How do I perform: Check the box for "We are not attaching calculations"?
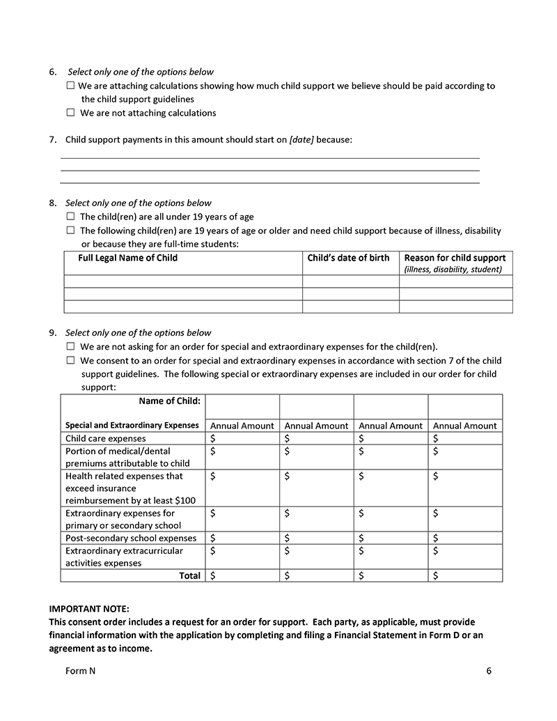tap(70, 112)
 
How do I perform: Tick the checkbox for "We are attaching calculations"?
tap(70, 86)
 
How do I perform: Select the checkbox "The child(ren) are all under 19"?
tap(70, 217)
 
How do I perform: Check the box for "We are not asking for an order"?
tap(70, 346)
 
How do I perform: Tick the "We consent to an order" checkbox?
tap(70, 360)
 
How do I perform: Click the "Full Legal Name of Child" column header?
tap(127, 258)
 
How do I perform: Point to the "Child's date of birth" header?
tap(348, 258)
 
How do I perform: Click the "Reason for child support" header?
tap(455, 258)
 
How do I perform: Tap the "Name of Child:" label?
tap(169, 401)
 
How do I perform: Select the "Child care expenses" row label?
tap(106, 439)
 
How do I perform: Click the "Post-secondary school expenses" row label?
tap(131, 538)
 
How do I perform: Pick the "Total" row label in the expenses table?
tap(189, 575)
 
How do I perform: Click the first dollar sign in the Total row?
tap(213, 575)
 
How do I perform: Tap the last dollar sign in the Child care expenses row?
tap(436, 439)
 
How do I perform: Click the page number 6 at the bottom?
tap(489, 671)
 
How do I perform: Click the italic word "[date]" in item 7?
tap(301, 140)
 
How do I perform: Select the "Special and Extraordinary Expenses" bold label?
tap(132, 425)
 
